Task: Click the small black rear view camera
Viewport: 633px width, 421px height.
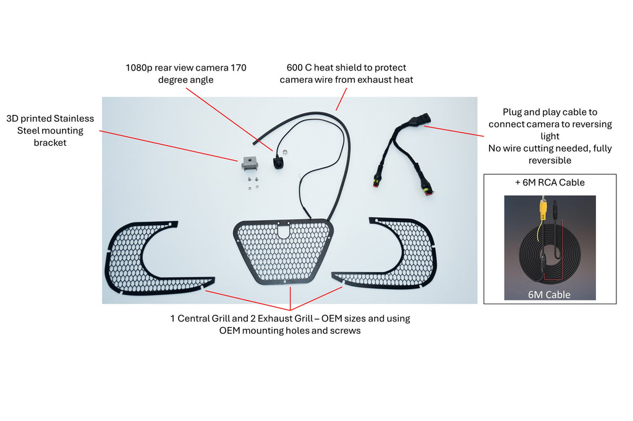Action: (x=278, y=161)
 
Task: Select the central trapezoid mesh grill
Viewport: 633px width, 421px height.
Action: (x=283, y=251)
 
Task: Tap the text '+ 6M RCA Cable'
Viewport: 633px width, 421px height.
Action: (x=550, y=182)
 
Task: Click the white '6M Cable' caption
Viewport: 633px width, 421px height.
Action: (x=549, y=295)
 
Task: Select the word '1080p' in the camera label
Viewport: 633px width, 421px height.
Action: (x=139, y=68)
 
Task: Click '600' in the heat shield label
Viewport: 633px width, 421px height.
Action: (x=294, y=67)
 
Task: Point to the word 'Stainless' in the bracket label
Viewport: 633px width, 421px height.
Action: (x=74, y=118)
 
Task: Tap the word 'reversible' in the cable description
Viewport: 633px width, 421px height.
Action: (x=550, y=160)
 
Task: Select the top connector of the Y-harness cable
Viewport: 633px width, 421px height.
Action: (x=421, y=119)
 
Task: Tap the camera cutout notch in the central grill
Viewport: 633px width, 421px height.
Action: (x=284, y=231)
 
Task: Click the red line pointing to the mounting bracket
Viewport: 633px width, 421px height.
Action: (x=168, y=146)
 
